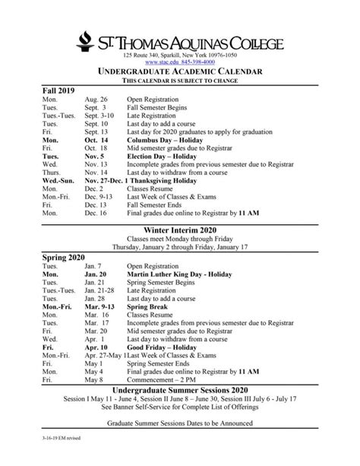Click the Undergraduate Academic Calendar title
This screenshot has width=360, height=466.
(179, 71)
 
